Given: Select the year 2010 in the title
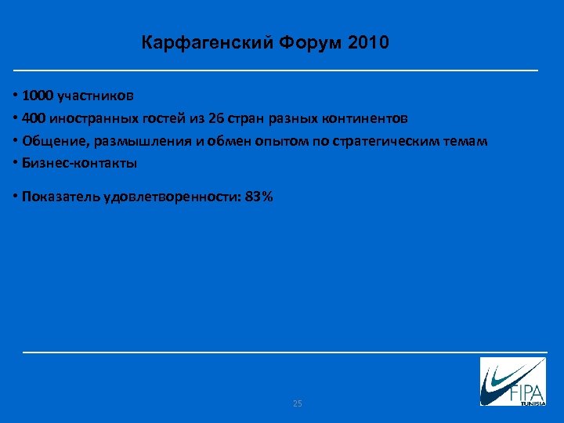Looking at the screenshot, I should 367,42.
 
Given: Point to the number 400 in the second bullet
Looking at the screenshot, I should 34,119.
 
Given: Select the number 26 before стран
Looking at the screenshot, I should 215,119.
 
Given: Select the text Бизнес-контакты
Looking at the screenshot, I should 80,164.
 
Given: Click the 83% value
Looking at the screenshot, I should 258,197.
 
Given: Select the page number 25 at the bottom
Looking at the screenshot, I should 297,403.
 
